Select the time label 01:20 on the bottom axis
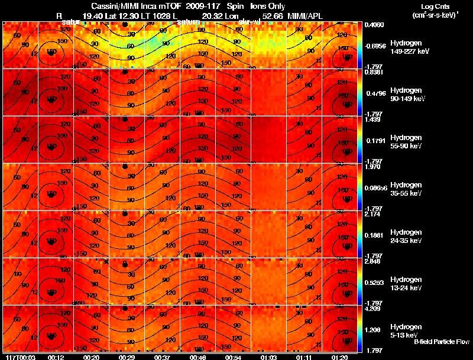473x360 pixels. tap(339, 357)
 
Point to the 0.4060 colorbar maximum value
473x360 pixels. tap(375, 25)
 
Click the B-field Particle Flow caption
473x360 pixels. tap(442, 342)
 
